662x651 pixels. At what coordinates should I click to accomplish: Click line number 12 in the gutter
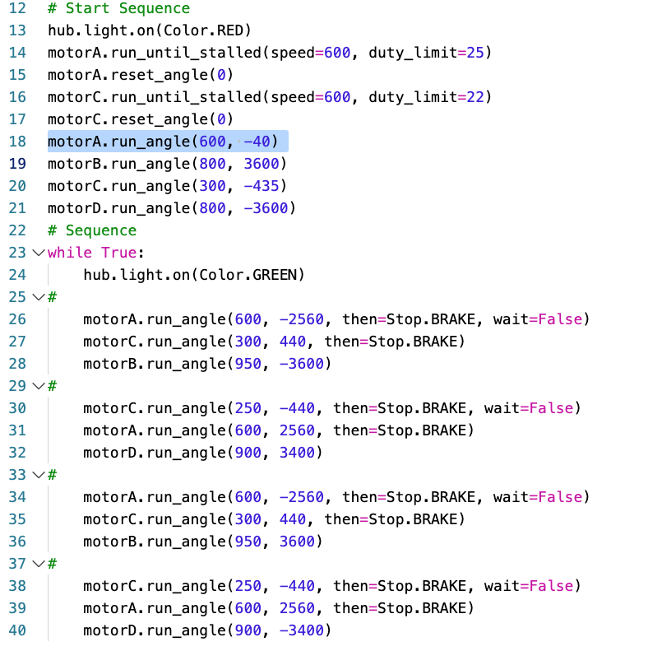point(17,8)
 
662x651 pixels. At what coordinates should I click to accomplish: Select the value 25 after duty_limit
point(475,53)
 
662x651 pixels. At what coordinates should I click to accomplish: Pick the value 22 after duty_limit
point(475,97)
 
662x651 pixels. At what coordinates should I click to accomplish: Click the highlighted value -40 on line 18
point(257,142)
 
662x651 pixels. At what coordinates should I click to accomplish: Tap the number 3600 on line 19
point(262,164)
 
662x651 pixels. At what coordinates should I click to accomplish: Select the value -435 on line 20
point(262,186)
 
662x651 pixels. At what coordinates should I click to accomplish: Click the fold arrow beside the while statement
point(39,253)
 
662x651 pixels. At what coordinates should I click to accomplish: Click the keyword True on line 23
point(119,253)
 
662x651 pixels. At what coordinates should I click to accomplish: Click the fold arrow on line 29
point(39,386)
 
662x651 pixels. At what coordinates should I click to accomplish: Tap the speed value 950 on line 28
point(248,364)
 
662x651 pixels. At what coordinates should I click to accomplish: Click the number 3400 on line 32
point(297,453)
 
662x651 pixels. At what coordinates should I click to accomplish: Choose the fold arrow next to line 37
point(39,564)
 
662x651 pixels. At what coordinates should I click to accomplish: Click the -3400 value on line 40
point(302,630)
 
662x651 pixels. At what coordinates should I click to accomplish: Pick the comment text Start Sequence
point(128,8)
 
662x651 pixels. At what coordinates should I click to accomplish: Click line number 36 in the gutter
point(17,542)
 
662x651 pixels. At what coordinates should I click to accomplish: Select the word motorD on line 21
point(74,208)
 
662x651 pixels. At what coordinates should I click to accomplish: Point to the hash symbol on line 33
point(53,475)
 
